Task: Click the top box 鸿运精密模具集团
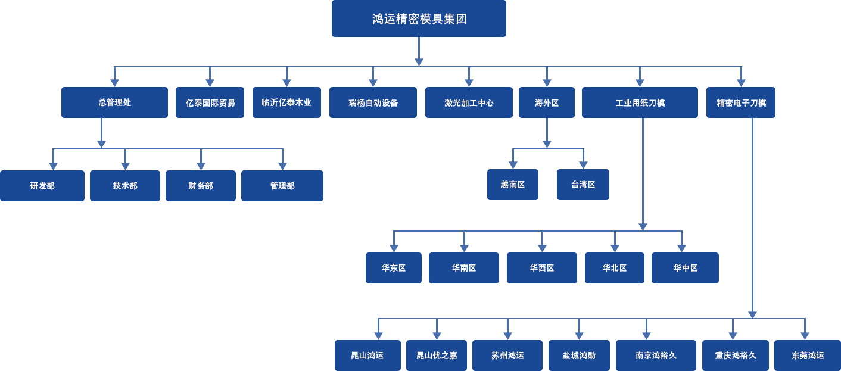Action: coord(419,19)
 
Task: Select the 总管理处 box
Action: coord(114,102)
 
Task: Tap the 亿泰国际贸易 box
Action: coord(210,102)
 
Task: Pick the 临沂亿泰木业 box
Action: coord(286,102)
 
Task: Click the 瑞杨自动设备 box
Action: coord(373,102)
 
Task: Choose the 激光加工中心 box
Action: coord(469,102)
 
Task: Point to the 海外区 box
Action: coord(547,102)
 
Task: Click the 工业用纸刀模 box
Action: coord(640,102)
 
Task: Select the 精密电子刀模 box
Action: coord(740,102)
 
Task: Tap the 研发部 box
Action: coord(42,186)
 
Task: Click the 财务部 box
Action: coord(200,186)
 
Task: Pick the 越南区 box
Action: coord(512,185)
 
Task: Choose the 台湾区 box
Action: coord(583,185)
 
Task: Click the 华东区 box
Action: coord(393,268)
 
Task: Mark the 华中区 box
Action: coord(685,268)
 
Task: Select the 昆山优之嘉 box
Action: coord(436,355)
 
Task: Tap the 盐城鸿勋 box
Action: coord(578,355)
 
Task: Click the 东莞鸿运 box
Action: coord(807,355)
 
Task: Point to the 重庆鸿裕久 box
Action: coord(735,355)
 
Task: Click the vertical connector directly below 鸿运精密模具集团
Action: coord(419,52)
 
